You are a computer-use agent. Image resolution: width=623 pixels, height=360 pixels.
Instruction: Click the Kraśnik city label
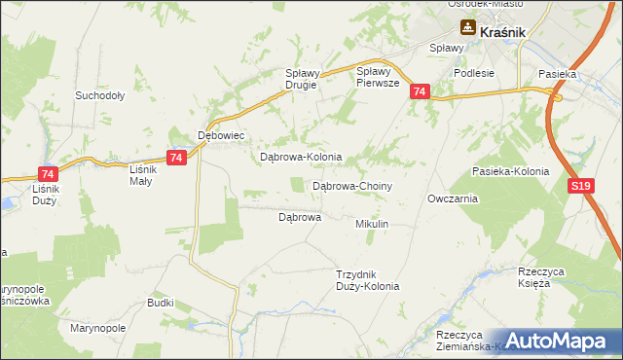click(x=502, y=31)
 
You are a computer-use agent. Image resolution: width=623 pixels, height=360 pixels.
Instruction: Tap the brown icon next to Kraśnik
click(x=468, y=31)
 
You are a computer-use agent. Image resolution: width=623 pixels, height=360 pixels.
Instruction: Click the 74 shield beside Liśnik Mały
click(x=175, y=159)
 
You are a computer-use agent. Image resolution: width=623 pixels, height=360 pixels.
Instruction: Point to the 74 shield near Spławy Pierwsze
click(x=419, y=91)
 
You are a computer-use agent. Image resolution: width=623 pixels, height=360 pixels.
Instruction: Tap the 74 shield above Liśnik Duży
click(x=48, y=172)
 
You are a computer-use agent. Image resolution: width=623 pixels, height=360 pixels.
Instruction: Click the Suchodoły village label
click(x=99, y=96)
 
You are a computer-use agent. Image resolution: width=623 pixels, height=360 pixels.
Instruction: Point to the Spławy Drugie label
click(x=301, y=79)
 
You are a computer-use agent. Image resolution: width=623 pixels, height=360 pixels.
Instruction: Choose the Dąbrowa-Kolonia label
click(x=300, y=157)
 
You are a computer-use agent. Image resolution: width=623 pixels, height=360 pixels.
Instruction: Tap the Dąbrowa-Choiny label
click(x=351, y=185)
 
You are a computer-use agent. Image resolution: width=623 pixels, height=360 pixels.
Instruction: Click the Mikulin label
click(x=372, y=224)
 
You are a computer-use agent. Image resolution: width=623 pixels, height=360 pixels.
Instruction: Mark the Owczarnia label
click(x=452, y=198)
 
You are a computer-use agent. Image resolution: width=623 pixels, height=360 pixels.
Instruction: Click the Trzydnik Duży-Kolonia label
click(x=367, y=280)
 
